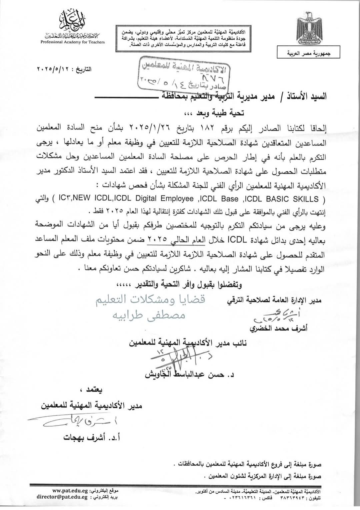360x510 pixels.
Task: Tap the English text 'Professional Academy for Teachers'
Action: (73, 42)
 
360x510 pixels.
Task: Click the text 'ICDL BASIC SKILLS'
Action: (281, 199)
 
